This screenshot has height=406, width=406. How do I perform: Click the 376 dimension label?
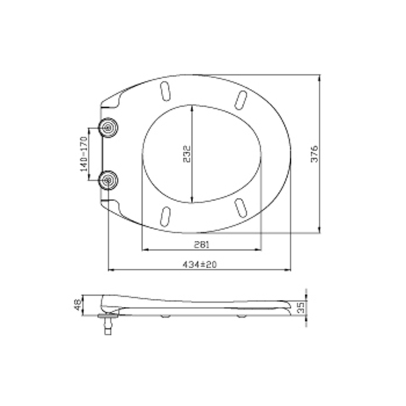(x=314, y=154)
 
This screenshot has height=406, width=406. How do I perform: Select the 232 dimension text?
(x=187, y=154)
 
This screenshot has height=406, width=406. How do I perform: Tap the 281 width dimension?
(x=202, y=245)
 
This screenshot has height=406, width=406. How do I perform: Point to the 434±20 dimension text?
(x=199, y=264)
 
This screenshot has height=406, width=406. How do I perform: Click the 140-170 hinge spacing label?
(x=84, y=154)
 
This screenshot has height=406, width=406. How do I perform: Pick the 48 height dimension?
(x=78, y=305)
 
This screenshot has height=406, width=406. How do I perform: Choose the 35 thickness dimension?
(x=301, y=308)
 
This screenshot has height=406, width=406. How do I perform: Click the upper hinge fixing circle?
(x=108, y=128)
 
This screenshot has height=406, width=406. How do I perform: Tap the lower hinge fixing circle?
(x=109, y=180)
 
